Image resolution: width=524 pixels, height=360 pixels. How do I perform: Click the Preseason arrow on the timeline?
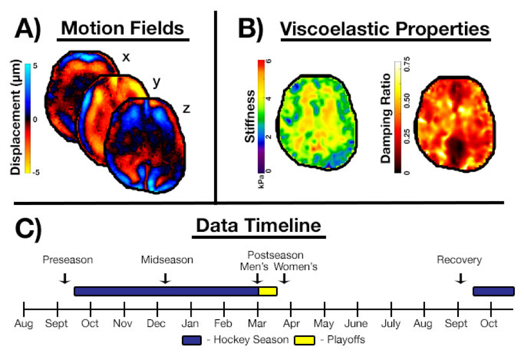tap(64, 278)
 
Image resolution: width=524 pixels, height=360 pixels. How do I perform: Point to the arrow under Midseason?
tap(166, 278)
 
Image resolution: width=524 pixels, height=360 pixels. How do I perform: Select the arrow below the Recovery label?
tap(460, 278)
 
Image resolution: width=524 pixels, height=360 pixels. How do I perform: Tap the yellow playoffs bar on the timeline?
tap(268, 291)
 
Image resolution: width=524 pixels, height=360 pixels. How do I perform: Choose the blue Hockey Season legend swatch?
tap(192, 341)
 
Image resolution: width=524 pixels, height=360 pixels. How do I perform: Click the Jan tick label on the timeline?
tap(190, 324)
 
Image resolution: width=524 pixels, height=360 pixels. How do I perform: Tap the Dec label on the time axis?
tap(157, 324)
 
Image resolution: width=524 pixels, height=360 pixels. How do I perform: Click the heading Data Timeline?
tap(259, 225)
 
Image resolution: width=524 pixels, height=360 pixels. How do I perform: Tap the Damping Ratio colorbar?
tap(398, 116)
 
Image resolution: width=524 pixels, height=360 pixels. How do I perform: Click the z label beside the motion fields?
tap(186, 109)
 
